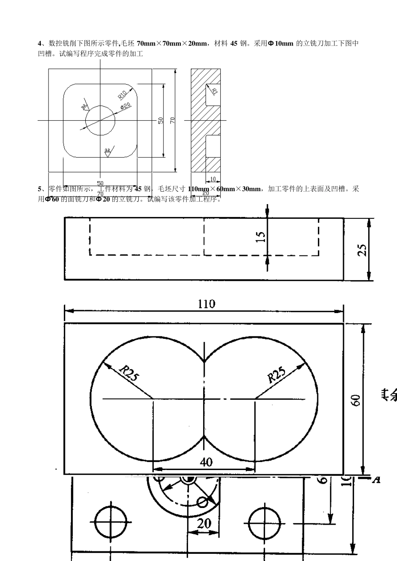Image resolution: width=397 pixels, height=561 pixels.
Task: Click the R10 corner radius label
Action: click(122, 95)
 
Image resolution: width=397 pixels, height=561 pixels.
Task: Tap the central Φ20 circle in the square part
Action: click(100, 120)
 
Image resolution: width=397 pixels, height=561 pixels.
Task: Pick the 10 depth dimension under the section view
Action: click(213, 179)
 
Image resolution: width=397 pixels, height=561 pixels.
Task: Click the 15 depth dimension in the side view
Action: click(261, 236)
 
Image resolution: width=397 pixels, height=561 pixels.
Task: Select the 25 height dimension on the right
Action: click(363, 249)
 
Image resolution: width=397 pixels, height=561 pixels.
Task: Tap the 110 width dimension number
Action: click(206, 304)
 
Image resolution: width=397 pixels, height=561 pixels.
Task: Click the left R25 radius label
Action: click(128, 373)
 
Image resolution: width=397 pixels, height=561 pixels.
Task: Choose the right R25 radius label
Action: click(276, 374)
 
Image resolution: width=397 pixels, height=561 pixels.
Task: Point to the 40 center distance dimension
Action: click(206, 462)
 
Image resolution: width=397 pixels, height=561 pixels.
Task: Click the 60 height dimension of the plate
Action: click(356, 400)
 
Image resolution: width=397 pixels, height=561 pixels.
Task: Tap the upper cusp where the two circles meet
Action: click(204, 361)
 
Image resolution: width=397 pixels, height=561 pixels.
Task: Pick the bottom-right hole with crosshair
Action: click(262, 523)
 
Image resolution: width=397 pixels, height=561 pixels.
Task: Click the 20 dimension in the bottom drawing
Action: click(204, 523)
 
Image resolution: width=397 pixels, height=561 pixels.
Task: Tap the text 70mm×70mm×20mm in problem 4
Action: click(172, 43)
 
